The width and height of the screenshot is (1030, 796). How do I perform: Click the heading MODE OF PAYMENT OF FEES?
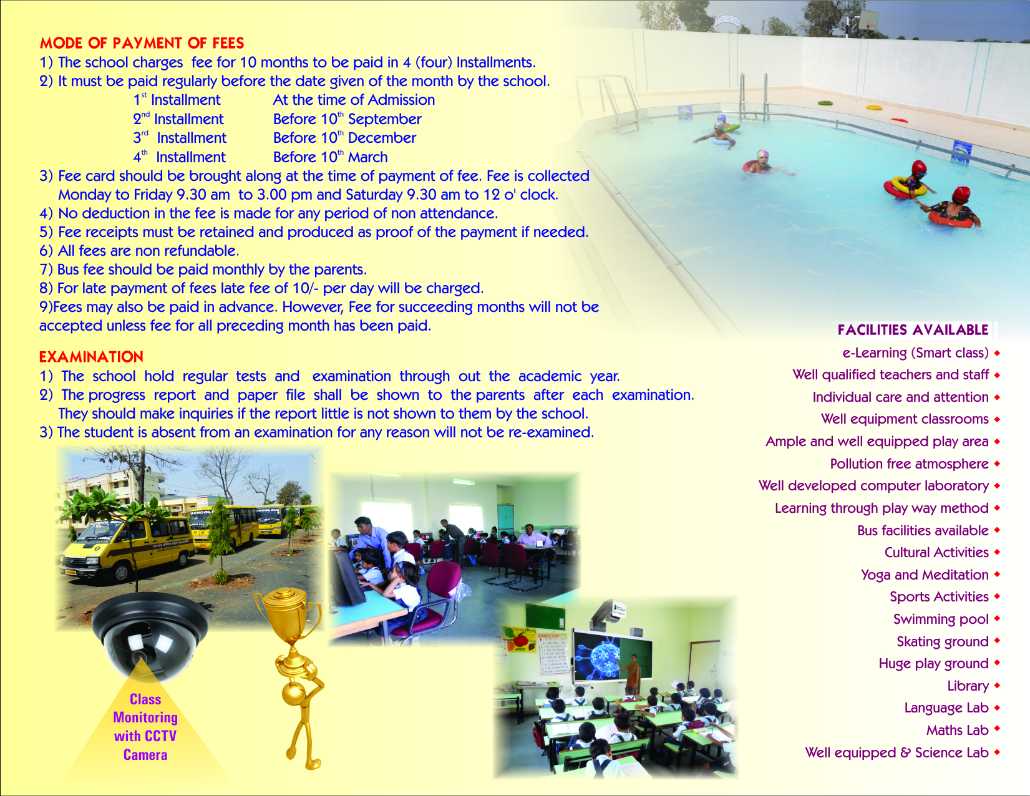pyautogui.click(x=142, y=43)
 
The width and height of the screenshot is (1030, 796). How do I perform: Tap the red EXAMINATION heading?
pyautogui.click(x=91, y=357)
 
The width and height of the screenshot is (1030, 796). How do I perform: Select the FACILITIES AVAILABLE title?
pyautogui.click(x=913, y=330)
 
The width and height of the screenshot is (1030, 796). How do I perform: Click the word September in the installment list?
pyautogui.click(x=384, y=119)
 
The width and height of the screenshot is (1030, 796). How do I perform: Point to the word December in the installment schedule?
pyautogui.click(x=382, y=138)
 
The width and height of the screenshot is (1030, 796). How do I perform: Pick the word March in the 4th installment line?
pyautogui.click(x=368, y=157)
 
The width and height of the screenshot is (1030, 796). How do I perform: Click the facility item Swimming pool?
pyautogui.click(x=941, y=619)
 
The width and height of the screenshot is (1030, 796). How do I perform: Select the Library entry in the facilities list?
pyautogui.click(x=968, y=686)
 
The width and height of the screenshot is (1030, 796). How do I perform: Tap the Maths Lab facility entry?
pyautogui.click(x=958, y=730)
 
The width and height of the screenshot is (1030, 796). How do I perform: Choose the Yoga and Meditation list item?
pyautogui.click(x=925, y=575)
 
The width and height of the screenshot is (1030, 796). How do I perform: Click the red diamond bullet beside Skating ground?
pyautogui.click(x=998, y=641)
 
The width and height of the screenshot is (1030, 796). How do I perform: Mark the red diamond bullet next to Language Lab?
pyautogui.click(x=998, y=707)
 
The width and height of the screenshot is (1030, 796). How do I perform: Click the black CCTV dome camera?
pyautogui.click(x=149, y=635)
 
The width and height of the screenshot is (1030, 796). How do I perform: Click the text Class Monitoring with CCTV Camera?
pyautogui.click(x=145, y=727)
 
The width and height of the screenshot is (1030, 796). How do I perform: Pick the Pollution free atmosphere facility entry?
pyautogui.click(x=909, y=464)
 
